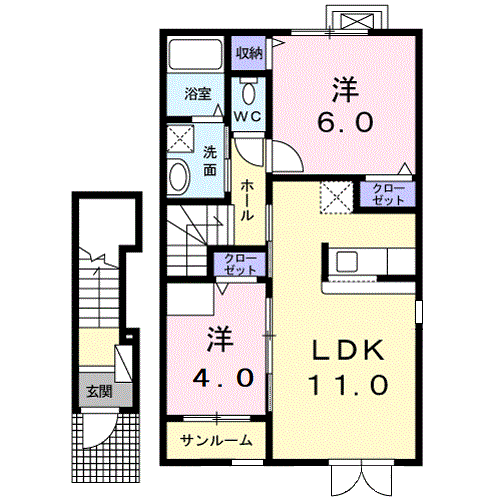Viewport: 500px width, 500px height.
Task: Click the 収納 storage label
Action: [x=249, y=53]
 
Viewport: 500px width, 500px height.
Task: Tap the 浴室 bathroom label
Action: [x=198, y=94]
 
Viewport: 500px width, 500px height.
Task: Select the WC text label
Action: [x=248, y=117]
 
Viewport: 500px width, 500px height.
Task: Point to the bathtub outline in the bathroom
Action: [x=195, y=54]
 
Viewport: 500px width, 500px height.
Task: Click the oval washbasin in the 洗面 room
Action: [x=179, y=177]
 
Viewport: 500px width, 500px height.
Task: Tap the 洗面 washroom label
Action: [x=210, y=161]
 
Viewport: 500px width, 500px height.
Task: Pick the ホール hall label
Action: [x=247, y=200]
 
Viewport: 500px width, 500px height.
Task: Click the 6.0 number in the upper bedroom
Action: [x=345, y=122]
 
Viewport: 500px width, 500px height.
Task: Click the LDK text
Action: [x=348, y=351]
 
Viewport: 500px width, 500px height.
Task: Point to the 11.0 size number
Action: [x=348, y=385]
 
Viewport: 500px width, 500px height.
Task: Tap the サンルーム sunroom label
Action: [x=216, y=441]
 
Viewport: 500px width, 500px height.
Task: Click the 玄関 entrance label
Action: [x=99, y=392]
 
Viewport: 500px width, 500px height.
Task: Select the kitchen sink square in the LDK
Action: [x=347, y=261]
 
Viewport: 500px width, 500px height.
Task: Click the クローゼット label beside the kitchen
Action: [x=388, y=194]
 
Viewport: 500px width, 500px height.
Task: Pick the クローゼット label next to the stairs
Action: [x=240, y=264]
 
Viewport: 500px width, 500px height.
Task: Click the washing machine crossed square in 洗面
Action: [x=180, y=139]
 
